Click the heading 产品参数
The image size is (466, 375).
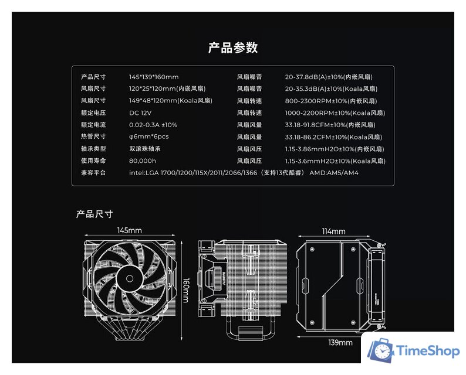(x=233, y=47)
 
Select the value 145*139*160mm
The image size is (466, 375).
(x=154, y=77)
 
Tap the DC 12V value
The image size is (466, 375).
(x=140, y=113)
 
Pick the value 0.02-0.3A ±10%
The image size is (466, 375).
(x=153, y=125)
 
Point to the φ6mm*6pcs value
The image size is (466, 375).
(x=149, y=137)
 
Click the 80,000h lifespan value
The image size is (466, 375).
(x=143, y=161)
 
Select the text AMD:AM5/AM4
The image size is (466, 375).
(x=334, y=173)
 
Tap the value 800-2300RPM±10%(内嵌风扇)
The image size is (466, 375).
(x=331, y=101)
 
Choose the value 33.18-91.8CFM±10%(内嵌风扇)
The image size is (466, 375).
(x=330, y=125)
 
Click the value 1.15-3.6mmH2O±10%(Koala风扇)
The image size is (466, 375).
(x=335, y=161)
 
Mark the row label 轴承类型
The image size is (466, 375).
(x=93, y=149)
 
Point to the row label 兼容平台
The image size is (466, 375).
(x=93, y=173)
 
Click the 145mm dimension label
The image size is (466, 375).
(x=129, y=230)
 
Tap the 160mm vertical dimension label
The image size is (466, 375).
(x=185, y=290)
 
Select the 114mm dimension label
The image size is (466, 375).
(x=333, y=231)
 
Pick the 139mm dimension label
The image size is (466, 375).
(x=340, y=343)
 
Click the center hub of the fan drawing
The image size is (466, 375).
(x=130, y=278)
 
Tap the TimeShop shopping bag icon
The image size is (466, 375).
(x=381, y=350)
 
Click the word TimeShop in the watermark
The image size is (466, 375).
(x=427, y=351)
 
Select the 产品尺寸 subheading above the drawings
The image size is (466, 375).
(x=94, y=214)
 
